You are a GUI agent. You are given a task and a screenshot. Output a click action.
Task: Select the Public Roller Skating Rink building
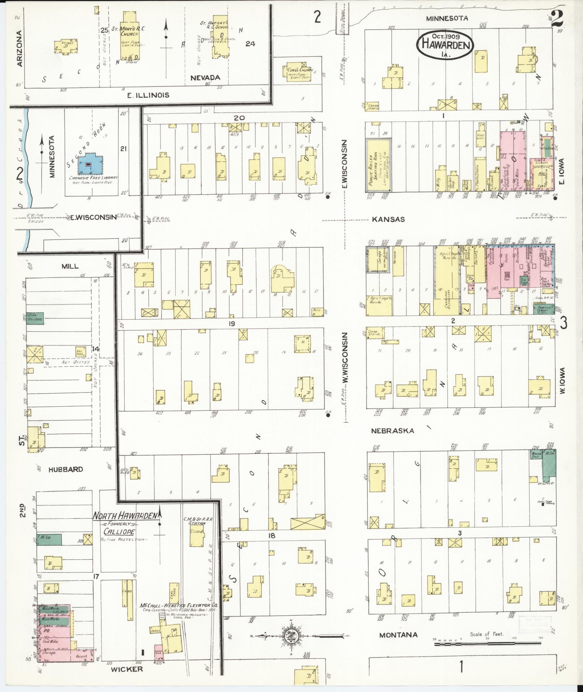(378, 165)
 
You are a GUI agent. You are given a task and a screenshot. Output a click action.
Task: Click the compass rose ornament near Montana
(292, 635)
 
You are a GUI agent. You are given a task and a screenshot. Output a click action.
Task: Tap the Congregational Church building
(297, 74)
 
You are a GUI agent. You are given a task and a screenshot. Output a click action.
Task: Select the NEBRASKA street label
(392, 431)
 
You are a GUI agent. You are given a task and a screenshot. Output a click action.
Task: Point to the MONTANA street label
(398, 635)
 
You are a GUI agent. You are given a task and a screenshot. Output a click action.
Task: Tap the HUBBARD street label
(65, 469)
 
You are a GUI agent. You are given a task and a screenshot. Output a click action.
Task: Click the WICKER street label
(127, 669)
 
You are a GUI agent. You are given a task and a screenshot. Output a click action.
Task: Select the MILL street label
(70, 266)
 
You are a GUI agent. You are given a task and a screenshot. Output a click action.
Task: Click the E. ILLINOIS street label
(148, 95)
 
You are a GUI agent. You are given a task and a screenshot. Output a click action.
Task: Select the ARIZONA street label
(20, 48)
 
